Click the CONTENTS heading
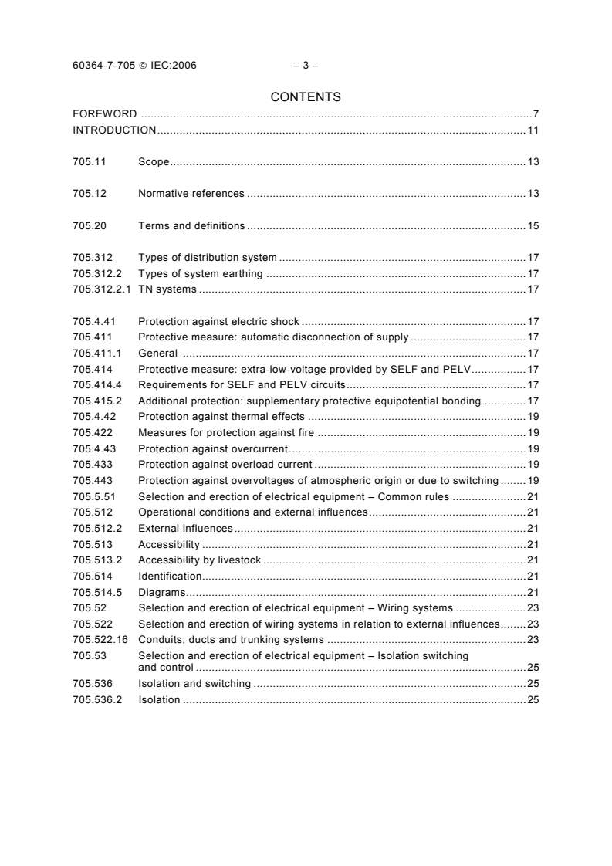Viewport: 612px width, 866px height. pos(306,97)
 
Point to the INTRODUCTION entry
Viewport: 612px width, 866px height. pos(114,130)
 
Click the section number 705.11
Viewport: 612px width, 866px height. pos(89,161)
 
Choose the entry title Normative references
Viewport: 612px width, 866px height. pos(191,193)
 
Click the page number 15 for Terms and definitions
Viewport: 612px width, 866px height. pos(533,225)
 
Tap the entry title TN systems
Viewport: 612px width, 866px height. pos(167,289)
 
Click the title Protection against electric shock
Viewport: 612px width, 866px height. pos(218,320)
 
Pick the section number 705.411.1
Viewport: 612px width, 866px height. pos(95,353)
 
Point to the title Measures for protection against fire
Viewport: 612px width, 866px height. pos(226,432)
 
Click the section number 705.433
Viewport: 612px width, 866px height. pos(92,464)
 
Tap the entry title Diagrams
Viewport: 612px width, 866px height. pos(162,592)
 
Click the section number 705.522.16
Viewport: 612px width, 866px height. pos(100,640)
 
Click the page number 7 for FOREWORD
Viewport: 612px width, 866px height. pos(536,114)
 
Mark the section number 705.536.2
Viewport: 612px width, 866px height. pos(95,699)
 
